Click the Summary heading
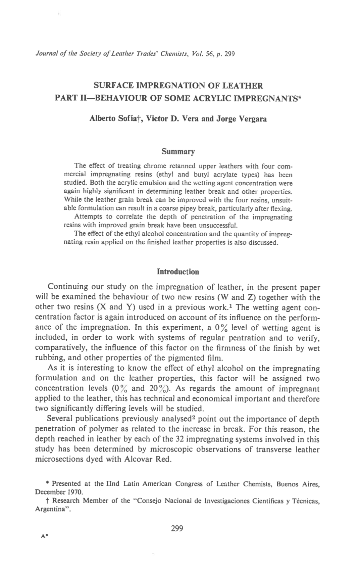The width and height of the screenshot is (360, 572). click(x=178, y=152)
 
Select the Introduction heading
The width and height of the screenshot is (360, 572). click(x=178, y=272)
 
